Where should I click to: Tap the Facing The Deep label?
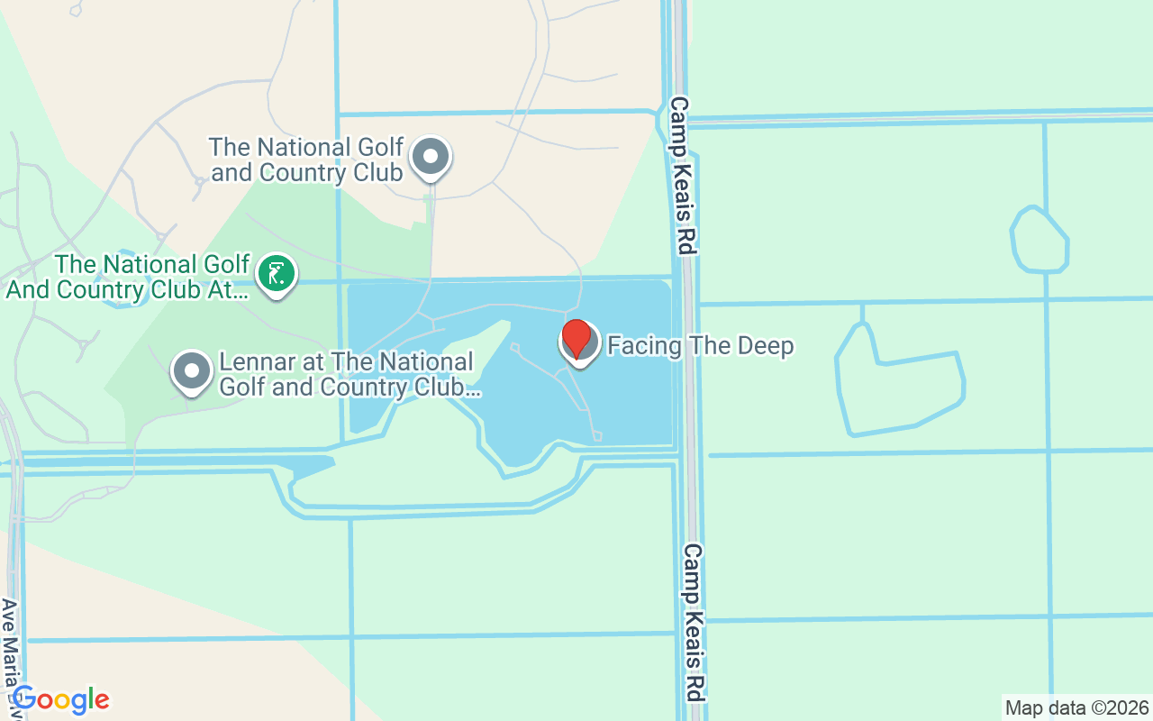(701, 346)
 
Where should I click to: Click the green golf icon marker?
(277, 274)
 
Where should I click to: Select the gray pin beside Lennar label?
(192, 371)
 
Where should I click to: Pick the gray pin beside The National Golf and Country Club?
(431, 158)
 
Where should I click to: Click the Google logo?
(60, 699)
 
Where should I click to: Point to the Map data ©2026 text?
(1077, 707)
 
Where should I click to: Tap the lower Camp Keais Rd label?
(694, 622)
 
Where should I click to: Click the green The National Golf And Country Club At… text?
(128, 278)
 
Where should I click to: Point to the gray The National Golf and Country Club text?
(306, 160)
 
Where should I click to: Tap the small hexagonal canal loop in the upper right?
(1040, 241)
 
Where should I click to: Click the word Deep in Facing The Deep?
(764, 346)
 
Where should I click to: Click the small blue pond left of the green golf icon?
(122, 293)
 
